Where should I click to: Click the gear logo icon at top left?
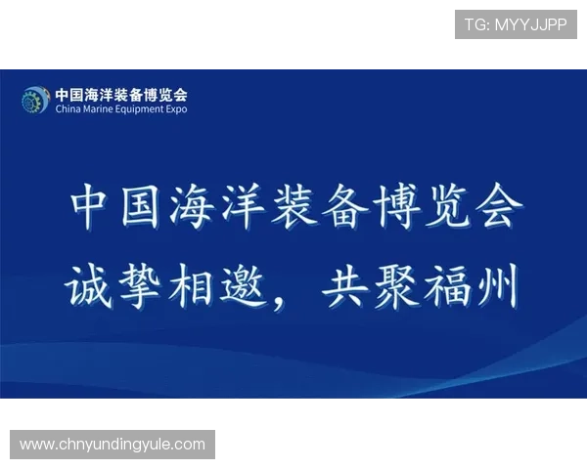[36, 99]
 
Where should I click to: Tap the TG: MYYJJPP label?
[516, 24]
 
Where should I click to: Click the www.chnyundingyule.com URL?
[113, 445]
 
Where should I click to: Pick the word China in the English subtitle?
[69, 109]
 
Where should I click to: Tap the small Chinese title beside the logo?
[121, 95]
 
